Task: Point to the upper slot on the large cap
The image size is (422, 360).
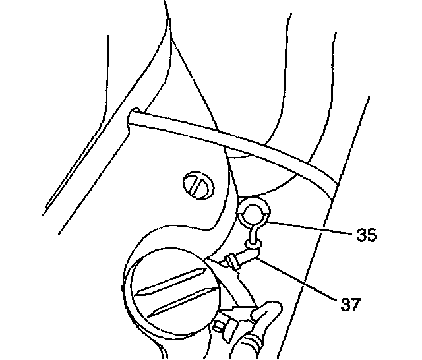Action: click(x=173, y=277)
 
